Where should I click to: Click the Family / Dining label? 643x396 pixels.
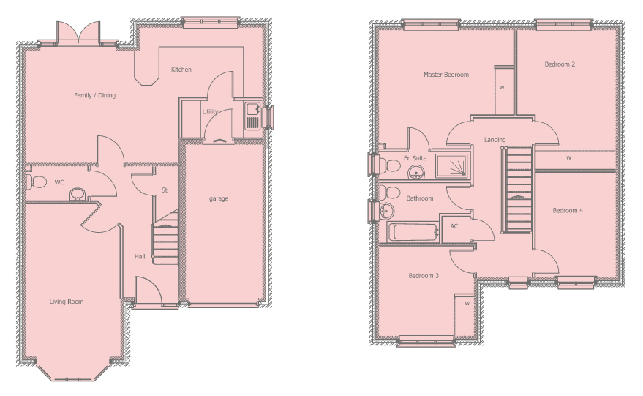94,95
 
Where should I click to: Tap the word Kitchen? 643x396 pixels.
181,70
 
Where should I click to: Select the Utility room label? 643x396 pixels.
210,111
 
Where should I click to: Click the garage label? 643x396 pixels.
219,198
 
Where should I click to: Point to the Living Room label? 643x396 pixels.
67,302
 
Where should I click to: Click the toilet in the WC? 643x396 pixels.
36,181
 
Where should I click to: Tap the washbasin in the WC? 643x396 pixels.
76,194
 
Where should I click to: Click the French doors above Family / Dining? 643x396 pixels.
78,32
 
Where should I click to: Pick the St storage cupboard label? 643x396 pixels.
165,190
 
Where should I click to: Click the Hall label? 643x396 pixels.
140,256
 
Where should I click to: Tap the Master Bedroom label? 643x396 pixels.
446,75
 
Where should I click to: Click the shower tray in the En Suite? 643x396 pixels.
451,165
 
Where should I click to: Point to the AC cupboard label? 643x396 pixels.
454,226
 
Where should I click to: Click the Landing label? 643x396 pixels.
495,140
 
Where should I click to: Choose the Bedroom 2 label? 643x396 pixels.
560,64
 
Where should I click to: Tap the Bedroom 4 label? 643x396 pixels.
568,211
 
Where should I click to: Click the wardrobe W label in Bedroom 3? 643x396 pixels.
467,303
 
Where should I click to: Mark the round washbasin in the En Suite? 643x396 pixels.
417,172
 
